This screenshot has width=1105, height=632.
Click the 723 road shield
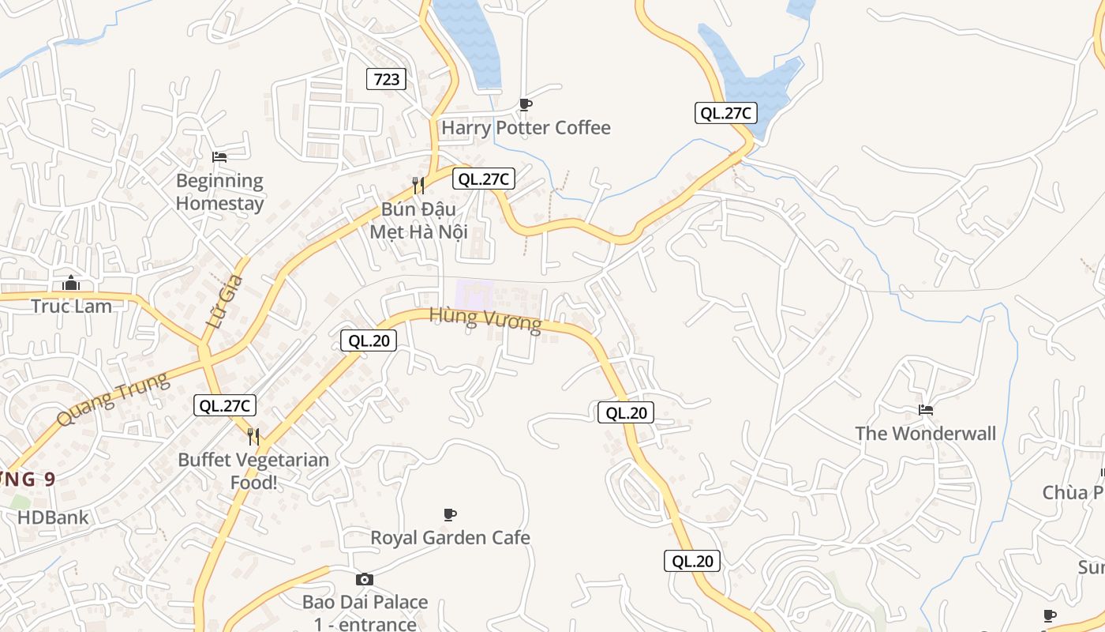pyautogui.click(x=387, y=79)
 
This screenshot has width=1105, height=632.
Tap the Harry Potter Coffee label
pyautogui.click(x=526, y=128)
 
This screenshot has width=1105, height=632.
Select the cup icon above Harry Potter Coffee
pyautogui.click(x=526, y=104)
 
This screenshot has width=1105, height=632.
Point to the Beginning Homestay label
pyautogui.click(x=219, y=192)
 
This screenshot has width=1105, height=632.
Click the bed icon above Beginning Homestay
pyautogui.click(x=219, y=157)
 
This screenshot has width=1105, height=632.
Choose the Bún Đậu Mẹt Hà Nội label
pyautogui.click(x=419, y=221)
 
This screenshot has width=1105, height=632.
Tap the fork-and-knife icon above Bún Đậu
pyautogui.click(x=418, y=186)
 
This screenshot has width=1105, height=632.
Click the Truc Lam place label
pyautogui.click(x=71, y=307)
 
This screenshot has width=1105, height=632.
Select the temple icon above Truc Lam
pyautogui.click(x=71, y=282)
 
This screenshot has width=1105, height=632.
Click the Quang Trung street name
pyautogui.click(x=114, y=399)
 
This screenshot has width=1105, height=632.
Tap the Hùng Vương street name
pyautogui.click(x=485, y=320)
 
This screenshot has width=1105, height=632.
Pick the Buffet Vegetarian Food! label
pyautogui.click(x=253, y=471)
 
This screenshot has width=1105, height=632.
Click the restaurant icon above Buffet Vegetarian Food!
pyautogui.click(x=253, y=436)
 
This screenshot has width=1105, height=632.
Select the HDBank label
pyautogui.click(x=54, y=518)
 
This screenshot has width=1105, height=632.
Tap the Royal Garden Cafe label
pyautogui.click(x=450, y=538)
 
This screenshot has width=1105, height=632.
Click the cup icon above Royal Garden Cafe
pyautogui.click(x=450, y=515)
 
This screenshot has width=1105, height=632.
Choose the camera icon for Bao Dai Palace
pyautogui.click(x=365, y=579)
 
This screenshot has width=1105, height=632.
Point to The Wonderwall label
pyautogui.click(x=926, y=434)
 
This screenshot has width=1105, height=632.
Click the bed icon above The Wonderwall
pyautogui.click(x=926, y=410)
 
